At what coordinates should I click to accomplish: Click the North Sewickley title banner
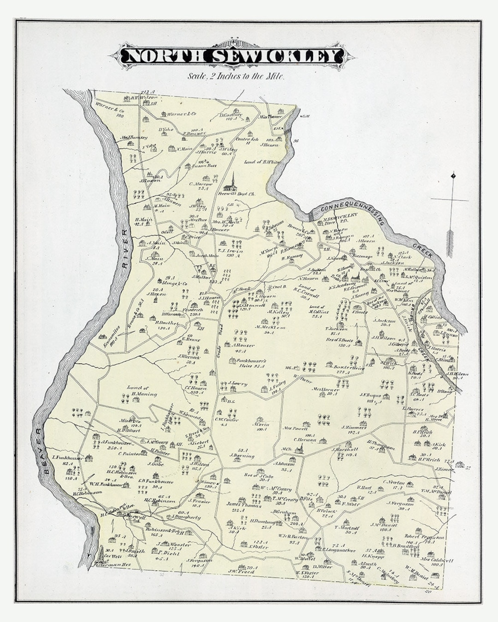(232, 56)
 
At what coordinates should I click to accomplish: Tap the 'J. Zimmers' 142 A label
(354, 429)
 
